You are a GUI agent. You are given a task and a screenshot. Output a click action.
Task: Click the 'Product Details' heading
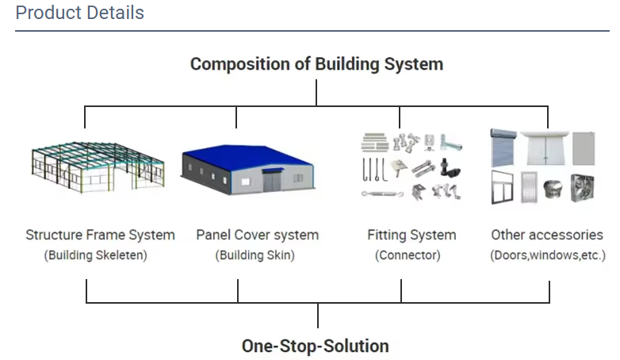(79, 13)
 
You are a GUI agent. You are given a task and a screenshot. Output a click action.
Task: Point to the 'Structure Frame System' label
(100, 235)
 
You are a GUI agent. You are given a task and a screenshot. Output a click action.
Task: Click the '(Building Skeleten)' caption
(96, 255)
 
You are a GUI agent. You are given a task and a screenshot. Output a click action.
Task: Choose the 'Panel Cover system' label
(257, 235)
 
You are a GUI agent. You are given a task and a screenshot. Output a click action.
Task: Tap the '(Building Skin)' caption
(255, 255)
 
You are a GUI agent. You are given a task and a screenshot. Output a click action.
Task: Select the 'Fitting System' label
(411, 235)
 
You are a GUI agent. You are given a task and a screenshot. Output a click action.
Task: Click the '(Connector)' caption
(408, 255)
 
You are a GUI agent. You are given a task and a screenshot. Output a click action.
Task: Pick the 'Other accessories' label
(547, 235)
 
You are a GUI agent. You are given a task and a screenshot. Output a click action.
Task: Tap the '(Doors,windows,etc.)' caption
(548, 255)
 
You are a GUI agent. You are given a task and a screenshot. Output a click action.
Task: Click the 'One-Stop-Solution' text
(316, 346)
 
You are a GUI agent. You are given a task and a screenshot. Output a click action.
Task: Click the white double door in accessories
(544, 149)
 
